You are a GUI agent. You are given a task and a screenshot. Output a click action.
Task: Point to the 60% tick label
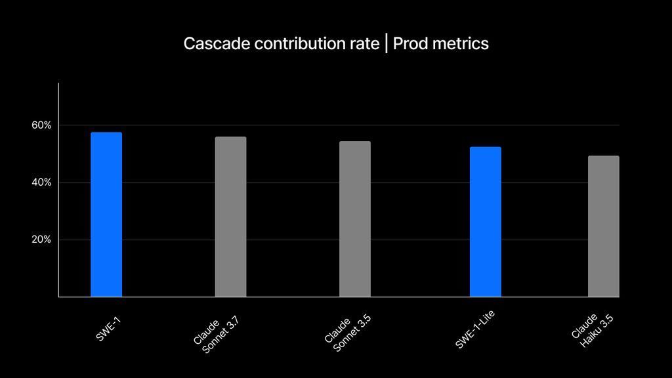[41, 125]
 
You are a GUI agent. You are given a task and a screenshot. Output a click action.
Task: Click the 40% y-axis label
[41, 182]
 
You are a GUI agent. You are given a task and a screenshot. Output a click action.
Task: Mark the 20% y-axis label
[41, 240]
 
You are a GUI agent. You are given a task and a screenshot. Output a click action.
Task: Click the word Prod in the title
[410, 44]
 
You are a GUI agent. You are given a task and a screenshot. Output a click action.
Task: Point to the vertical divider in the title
[386, 44]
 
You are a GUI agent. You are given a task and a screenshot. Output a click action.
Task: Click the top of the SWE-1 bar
[106, 133]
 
